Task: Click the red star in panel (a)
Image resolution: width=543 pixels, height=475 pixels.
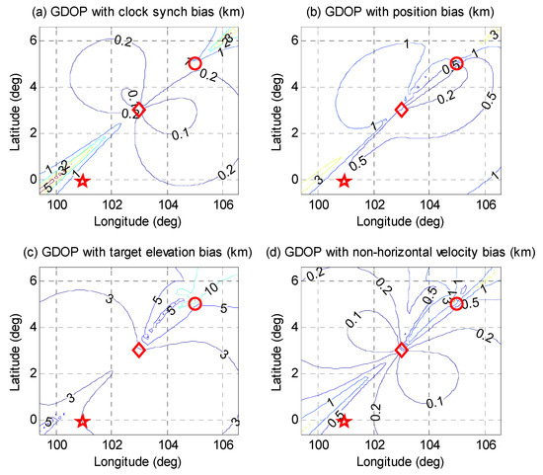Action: coord(83,181)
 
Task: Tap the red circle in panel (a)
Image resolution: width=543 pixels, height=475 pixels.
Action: coord(194,63)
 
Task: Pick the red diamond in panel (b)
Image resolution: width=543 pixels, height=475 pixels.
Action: coord(401,111)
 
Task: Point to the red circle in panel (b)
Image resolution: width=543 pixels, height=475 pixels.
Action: coord(456,63)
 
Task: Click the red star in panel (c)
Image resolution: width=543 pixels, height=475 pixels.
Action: coord(83,421)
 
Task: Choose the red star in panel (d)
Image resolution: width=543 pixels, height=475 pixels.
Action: coord(345,421)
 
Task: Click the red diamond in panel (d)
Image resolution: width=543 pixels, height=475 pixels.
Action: coord(401,351)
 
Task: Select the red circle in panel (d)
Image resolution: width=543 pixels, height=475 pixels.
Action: coord(456,303)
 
